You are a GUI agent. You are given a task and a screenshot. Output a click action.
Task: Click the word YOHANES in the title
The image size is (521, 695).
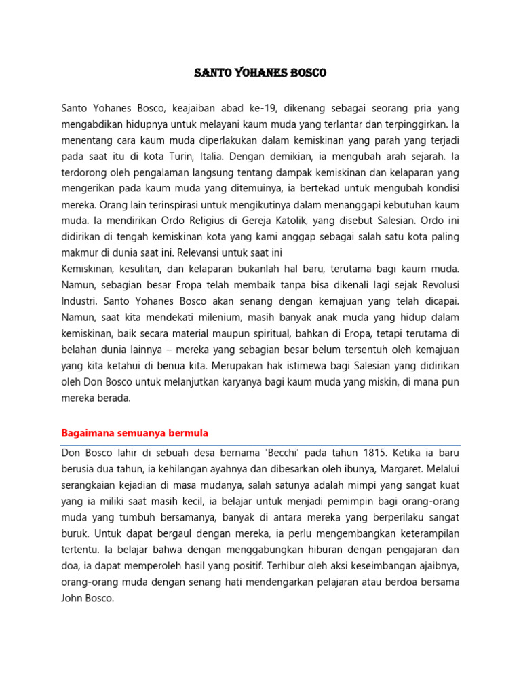258,73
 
